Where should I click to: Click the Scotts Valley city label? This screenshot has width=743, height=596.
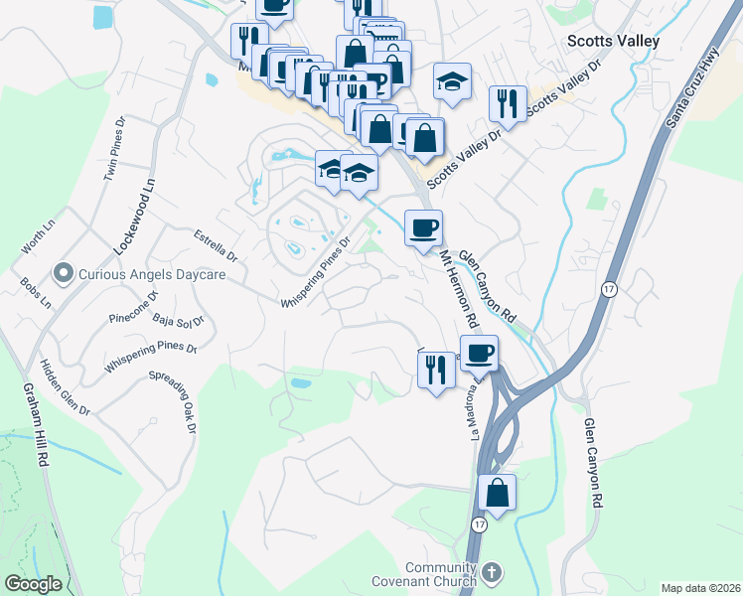(x=613, y=41)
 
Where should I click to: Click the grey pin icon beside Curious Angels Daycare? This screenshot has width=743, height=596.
(x=65, y=272)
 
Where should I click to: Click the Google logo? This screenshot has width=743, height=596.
(x=33, y=583)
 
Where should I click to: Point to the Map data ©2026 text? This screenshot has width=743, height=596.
(x=699, y=588)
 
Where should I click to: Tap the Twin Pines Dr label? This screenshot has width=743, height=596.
(x=115, y=149)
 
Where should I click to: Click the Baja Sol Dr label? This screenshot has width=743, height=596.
(x=178, y=320)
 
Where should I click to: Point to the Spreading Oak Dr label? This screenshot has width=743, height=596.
(x=172, y=401)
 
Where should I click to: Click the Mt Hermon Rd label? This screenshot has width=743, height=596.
(x=458, y=289)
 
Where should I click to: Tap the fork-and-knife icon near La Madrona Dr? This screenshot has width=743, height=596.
(x=436, y=370)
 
